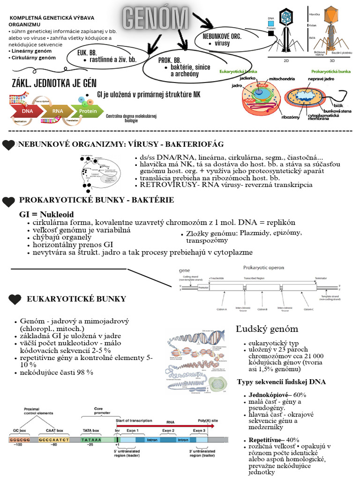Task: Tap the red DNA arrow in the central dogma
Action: pyautogui.click(x=28, y=111)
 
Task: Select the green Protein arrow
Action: pyautogui.click(x=87, y=111)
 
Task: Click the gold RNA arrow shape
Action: pyautogui.click(x=57, y=111)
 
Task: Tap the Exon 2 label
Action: pyautogui.click(x=168, y=430)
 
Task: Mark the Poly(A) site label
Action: pyautogui.click(x=208, y=421)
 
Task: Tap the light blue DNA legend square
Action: pyautogui.click(x=271, y=23)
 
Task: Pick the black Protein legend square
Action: pyautogui.click(x=271, y=33)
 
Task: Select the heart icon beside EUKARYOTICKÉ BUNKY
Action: pyautogui.click(x=15, y=299)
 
